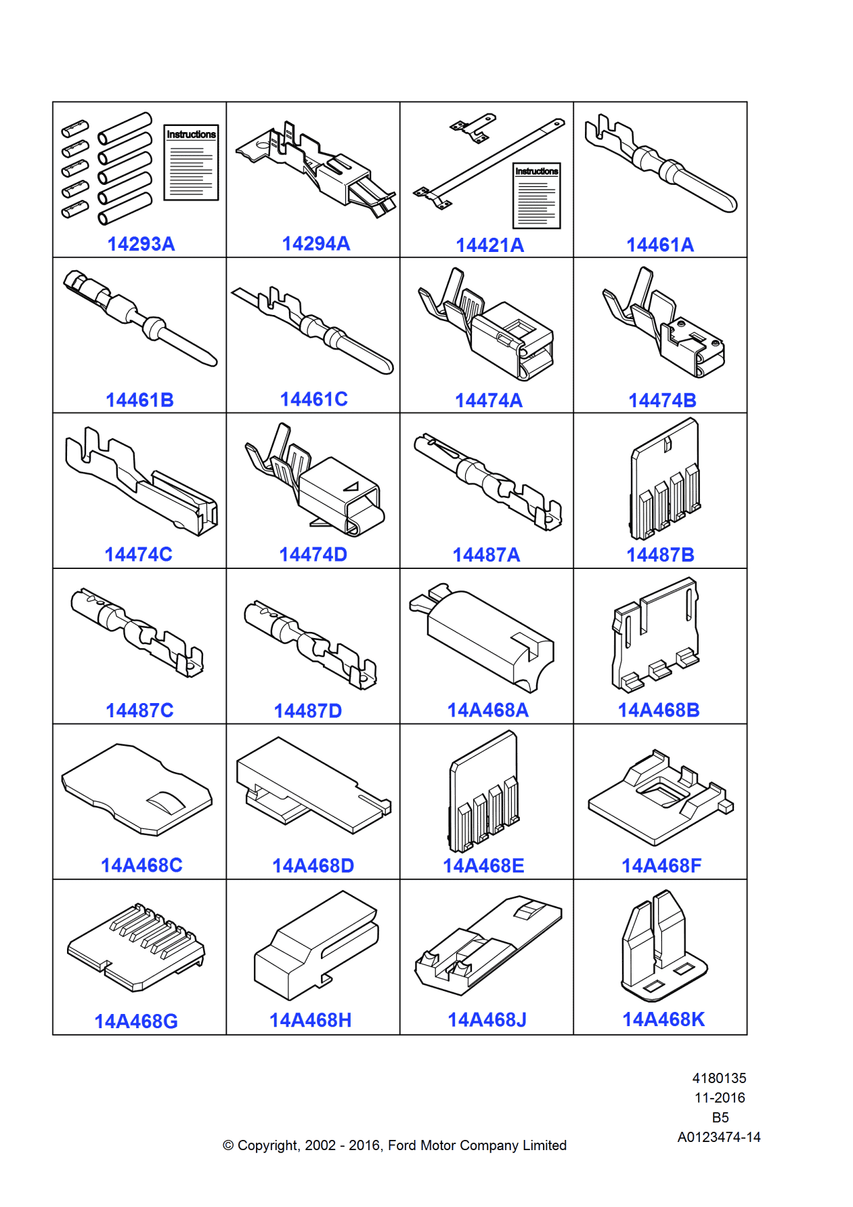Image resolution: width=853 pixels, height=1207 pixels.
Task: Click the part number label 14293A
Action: pos(141,244)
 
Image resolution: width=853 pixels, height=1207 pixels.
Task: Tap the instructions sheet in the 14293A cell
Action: pos(191,163)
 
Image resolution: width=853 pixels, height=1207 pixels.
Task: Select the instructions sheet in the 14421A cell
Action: pos(536,196)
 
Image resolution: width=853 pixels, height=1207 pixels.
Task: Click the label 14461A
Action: pos(660,245)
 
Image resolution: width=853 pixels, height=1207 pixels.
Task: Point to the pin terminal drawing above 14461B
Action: pos(140,318)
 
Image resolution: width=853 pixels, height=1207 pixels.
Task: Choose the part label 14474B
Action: pos(662,400)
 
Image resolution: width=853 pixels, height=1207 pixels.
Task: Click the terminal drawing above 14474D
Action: pos(315,480)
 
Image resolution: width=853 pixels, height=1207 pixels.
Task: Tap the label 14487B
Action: pos(660,555)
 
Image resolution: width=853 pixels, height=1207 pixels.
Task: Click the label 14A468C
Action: pos(141,866)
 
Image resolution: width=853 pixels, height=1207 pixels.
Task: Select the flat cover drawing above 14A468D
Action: pos(313,786)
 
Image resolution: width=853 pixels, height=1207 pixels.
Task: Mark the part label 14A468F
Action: pos(661,866)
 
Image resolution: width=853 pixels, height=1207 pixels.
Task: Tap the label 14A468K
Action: pos(663,1019)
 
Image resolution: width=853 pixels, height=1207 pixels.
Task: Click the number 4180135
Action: pos(719,1078)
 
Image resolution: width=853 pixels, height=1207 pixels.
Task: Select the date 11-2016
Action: pos(719,1098)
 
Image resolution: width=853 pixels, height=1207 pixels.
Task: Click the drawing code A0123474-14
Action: pos(719,1137)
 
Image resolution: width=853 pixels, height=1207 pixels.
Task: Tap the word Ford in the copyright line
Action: pos(402,1145)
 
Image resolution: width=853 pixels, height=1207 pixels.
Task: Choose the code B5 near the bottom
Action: pos(720,1118)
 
